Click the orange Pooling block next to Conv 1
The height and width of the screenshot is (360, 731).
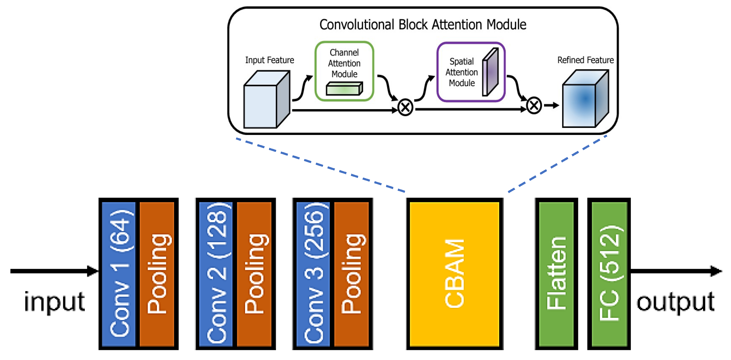[157, 274]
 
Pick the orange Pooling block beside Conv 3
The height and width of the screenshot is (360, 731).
[351, 274]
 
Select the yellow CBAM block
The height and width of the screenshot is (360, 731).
[454, 274]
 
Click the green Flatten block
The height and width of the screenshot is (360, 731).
[556, 274]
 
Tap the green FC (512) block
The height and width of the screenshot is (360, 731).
[609, 274]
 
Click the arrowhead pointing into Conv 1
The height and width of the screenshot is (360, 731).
[92, 271]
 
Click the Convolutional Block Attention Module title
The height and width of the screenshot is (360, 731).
[422, 25]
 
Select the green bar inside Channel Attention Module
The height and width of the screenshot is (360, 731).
[344, 89]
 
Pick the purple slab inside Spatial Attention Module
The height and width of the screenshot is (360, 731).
[490, 72]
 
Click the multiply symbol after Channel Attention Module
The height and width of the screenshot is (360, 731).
[405, 107]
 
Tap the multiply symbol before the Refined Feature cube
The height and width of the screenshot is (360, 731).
[534, 106]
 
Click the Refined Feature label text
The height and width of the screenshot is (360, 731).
[585, 60]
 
